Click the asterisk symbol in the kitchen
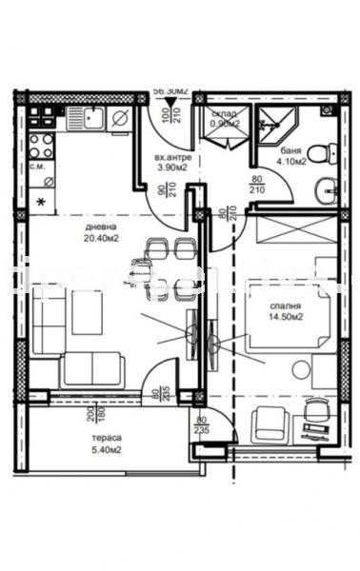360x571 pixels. (40, 202)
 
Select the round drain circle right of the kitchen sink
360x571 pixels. (121, 119)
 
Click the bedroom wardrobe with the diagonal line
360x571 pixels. (293, 231)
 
